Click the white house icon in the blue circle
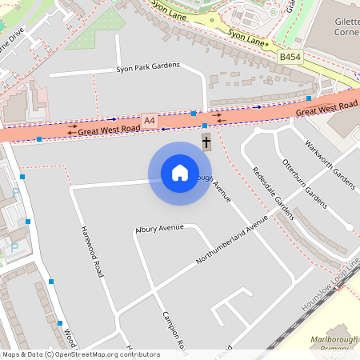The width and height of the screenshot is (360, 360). tap(180, 173)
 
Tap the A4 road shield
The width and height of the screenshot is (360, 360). tap(149, 120)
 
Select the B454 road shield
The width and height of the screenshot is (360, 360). tap(290, 58)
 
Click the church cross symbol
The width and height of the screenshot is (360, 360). tap(206, 143)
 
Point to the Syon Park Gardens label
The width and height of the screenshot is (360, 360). tap(148, 68)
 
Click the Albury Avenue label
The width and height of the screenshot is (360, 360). tap(159, 228)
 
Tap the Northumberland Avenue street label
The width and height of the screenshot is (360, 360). tap(232, 242)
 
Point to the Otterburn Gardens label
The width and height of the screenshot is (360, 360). tap(305, 181)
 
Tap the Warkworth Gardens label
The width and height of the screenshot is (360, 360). tap(330, 164)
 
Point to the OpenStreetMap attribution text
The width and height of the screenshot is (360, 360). tap(80, 354)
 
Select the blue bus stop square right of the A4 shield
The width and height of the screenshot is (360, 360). tap(194, 114)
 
